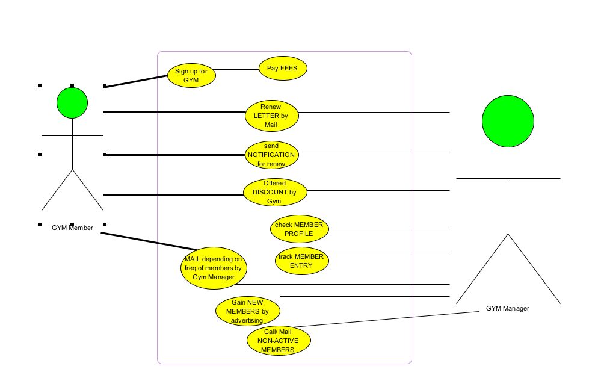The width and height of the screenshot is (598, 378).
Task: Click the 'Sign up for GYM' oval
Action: pos(191,75)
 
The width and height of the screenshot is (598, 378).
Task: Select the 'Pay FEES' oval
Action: pos(283,69)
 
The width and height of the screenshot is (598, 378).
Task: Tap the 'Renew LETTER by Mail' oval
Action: pos(272,116)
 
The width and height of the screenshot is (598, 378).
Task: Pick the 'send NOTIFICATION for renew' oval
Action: pos(272,155)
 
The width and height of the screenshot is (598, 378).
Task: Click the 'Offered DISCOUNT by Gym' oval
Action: pos(275,193)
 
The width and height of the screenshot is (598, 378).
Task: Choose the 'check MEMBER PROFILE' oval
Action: pos(299,229)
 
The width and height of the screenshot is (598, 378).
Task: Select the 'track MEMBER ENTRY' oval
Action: pos(301,261)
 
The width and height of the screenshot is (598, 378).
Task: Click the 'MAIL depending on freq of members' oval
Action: pos(214,268)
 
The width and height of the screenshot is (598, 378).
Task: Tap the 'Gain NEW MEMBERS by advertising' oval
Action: pos(247,311)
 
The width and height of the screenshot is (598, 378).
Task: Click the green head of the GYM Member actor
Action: pos(72,103)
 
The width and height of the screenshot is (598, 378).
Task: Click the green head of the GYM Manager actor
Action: pos(508,120)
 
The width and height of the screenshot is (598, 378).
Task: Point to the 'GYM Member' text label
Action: pos(72,228)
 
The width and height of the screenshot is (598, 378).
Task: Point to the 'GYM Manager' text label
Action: pos(508,308)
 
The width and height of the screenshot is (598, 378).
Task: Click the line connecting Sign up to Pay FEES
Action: pos(237,69)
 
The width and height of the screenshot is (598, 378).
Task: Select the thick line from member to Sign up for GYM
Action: pos(135,81)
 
